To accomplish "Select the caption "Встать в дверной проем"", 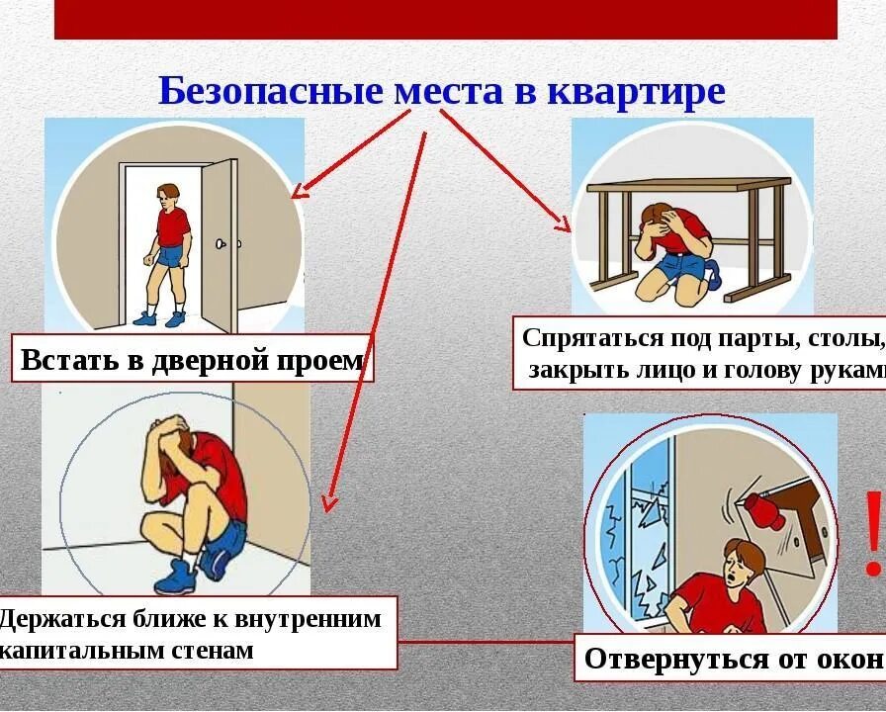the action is (193, 360).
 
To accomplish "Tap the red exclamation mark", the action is (871, 534).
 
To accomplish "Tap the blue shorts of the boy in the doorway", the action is (171, 256).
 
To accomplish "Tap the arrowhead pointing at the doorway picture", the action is (300, 189).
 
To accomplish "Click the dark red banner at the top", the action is (445, 19).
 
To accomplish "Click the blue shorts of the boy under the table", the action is (682, 265).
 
